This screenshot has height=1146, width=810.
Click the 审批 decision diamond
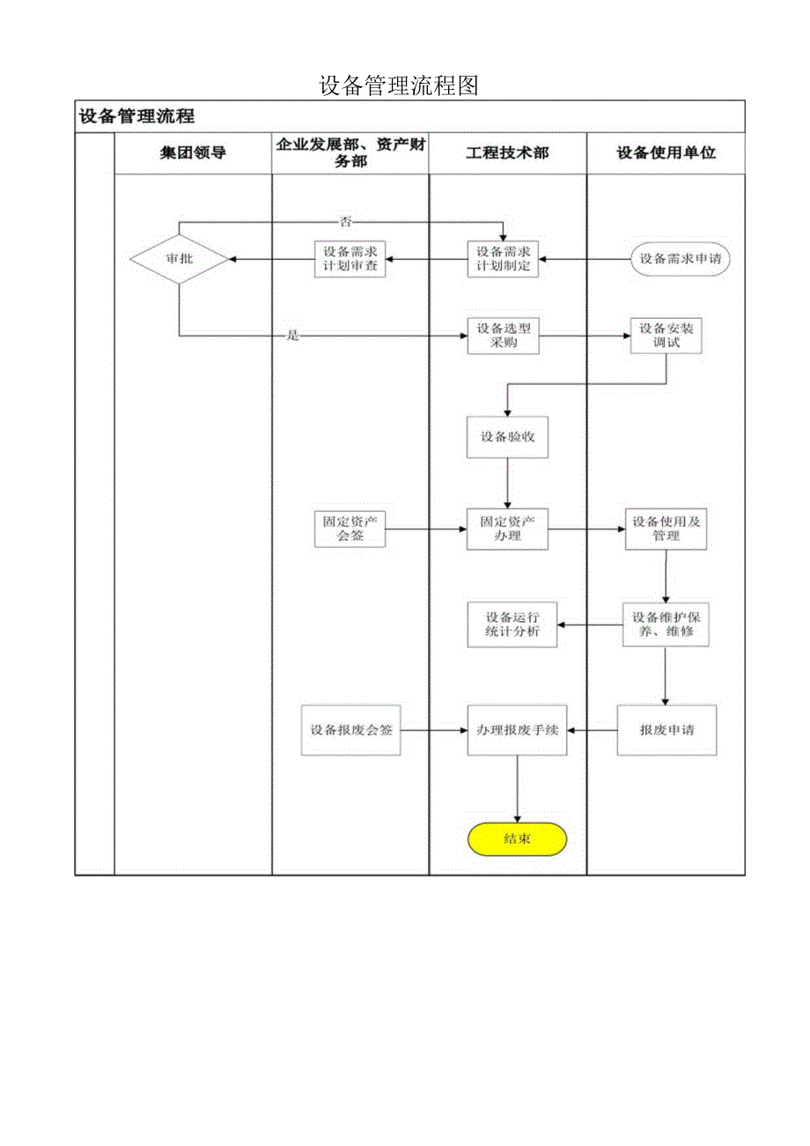(179, 259)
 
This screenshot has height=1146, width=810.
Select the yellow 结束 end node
(517, 839)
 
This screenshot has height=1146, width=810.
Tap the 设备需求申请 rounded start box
(680, 259)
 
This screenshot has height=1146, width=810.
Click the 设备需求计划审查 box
(350, 259)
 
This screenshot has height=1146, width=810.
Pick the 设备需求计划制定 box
(503, 259)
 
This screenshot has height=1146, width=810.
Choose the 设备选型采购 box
(503, 336)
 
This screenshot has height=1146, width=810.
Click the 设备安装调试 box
(666, 336)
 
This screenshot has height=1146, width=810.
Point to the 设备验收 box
(507, 436)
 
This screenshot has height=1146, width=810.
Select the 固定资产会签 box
(350, 529)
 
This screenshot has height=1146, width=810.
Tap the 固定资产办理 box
(507, 529)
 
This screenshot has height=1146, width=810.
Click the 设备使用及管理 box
(666, 529)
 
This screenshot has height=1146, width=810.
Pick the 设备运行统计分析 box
(512, 625)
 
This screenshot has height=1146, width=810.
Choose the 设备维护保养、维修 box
(666, 625)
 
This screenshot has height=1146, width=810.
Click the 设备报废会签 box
(350, 730)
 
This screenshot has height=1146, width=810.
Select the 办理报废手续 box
(517, 730)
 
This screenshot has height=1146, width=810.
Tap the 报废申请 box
(666, 730)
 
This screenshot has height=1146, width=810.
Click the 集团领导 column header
(193, 153)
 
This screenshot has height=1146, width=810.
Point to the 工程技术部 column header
(507, 153)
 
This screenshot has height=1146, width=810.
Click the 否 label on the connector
(345, 221)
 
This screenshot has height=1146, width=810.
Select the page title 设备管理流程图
(398, 85)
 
